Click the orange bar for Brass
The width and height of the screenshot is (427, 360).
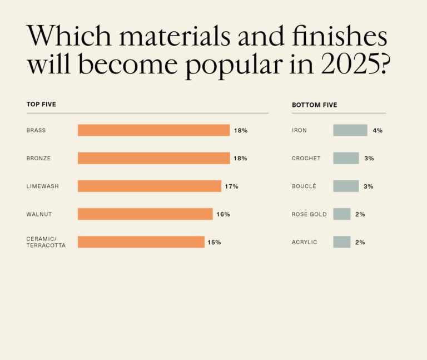coord(153,130)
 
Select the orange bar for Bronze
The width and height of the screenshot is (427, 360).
coord(153,158)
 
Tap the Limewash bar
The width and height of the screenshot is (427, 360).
coord(149,186)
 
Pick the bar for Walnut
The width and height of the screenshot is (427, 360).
coord(145,214)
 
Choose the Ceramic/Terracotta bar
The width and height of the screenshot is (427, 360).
coord(141,242)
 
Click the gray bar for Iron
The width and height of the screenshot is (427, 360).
coord(350,130)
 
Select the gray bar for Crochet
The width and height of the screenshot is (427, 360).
coord(346,158)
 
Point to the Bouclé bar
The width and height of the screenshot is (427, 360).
coord(346,186)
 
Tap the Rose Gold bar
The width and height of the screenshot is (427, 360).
coord(341,214)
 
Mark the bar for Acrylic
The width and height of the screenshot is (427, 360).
coord(341,242)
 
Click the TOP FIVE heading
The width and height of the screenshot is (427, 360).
coord(41,104)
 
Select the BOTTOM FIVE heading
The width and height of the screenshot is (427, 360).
coord(314,105)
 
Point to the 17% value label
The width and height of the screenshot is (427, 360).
coord(231,186)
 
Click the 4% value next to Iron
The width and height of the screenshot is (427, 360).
coord(378,131)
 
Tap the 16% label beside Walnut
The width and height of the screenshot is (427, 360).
coord(223,214)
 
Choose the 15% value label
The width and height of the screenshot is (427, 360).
coord(214,242)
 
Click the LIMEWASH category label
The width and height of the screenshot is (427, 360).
coord(42,186)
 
